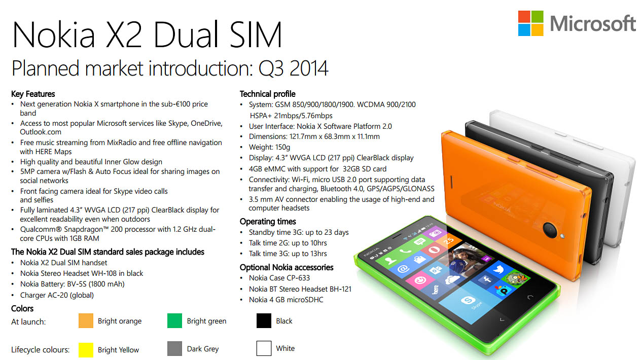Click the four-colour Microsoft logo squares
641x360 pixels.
[x=530, y=23]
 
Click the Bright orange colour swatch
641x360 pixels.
[x=86, y=320]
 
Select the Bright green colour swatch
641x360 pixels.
[x=174, y=320]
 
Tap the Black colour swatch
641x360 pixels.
[x=264, y=320]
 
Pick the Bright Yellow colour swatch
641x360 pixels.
[x=86, y=349]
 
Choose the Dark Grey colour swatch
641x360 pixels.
[x=174, y=348]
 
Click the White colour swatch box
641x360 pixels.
[x=264, y=348]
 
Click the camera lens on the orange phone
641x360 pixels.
[x=550, y=230]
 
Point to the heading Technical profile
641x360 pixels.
[x=268, y=94]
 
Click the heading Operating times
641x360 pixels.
[x=268, y=222]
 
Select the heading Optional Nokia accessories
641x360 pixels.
[x=287, y=267]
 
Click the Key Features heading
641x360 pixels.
[x=33, y=94]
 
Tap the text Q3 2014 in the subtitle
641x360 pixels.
[x=293, y=68]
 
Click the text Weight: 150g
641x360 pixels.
[x=269, y=148]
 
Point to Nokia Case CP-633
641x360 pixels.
[x=279, y=278]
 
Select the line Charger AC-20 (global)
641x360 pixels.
[x=57, y=295]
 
